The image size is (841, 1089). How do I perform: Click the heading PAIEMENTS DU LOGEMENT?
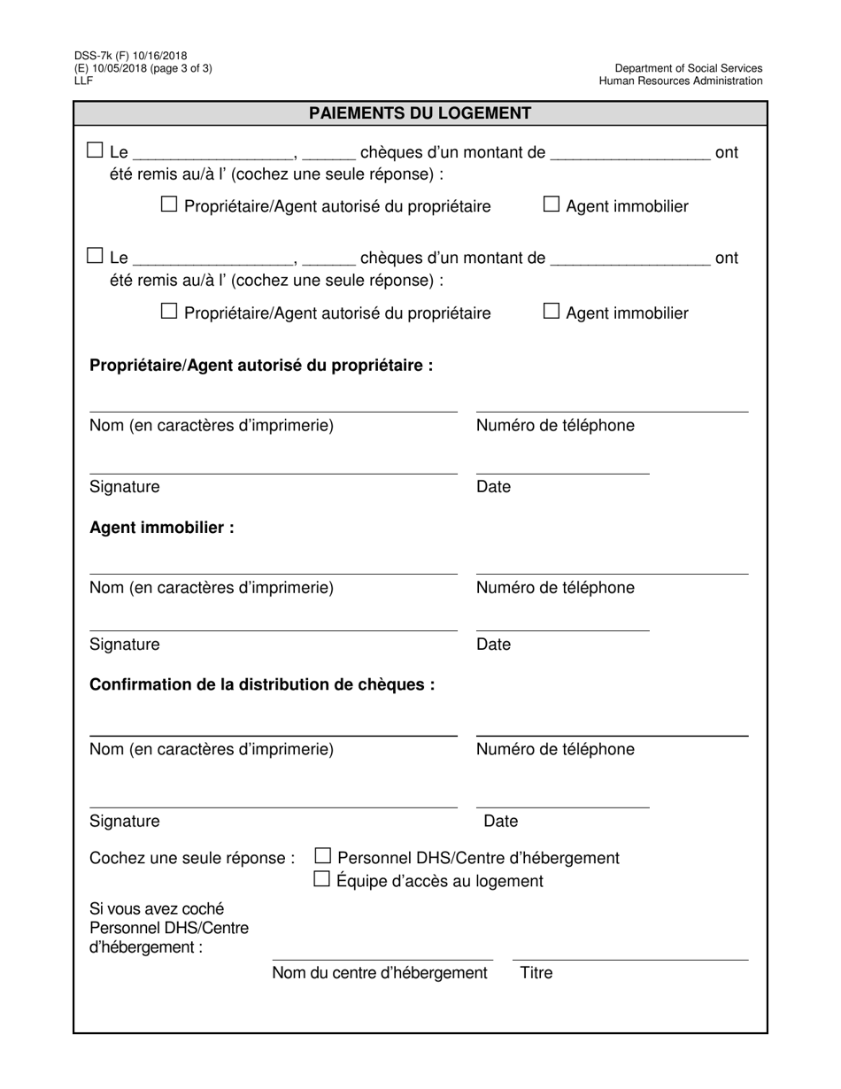(x=420, y=113)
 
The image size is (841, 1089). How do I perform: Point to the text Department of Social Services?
(x=689, y=68)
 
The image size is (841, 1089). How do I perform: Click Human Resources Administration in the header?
(x=680, y=81)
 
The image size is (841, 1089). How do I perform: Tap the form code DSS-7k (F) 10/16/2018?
(x=130, y=56)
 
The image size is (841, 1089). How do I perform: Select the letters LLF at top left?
(x=83, y=81)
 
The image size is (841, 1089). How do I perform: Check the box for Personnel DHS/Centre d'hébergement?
(x=323, y=856)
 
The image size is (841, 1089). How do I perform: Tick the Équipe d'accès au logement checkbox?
(x=322, y=879)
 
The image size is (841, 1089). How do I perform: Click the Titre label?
(x=536, y=973)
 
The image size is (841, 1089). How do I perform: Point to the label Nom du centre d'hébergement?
(x=380, y=973)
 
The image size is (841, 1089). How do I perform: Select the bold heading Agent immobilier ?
(x=162, y=528)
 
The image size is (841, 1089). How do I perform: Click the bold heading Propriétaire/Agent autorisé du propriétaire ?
(x=261, y=366)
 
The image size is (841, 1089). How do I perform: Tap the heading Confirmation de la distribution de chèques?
(x=262, y=684)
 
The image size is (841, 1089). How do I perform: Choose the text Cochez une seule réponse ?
(x=192, y=858)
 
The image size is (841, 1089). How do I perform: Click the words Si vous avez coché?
(x=157, y=908)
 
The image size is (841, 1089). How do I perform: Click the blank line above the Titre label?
(x=630, y=959)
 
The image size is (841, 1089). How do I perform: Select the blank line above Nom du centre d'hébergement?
(x=382, y=959)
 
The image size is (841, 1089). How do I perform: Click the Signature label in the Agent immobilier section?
(x=125, y=645)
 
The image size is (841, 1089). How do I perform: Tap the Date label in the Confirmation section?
(x=500, y=822)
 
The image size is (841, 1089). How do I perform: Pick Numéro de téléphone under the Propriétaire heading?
(x=555, y=426)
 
